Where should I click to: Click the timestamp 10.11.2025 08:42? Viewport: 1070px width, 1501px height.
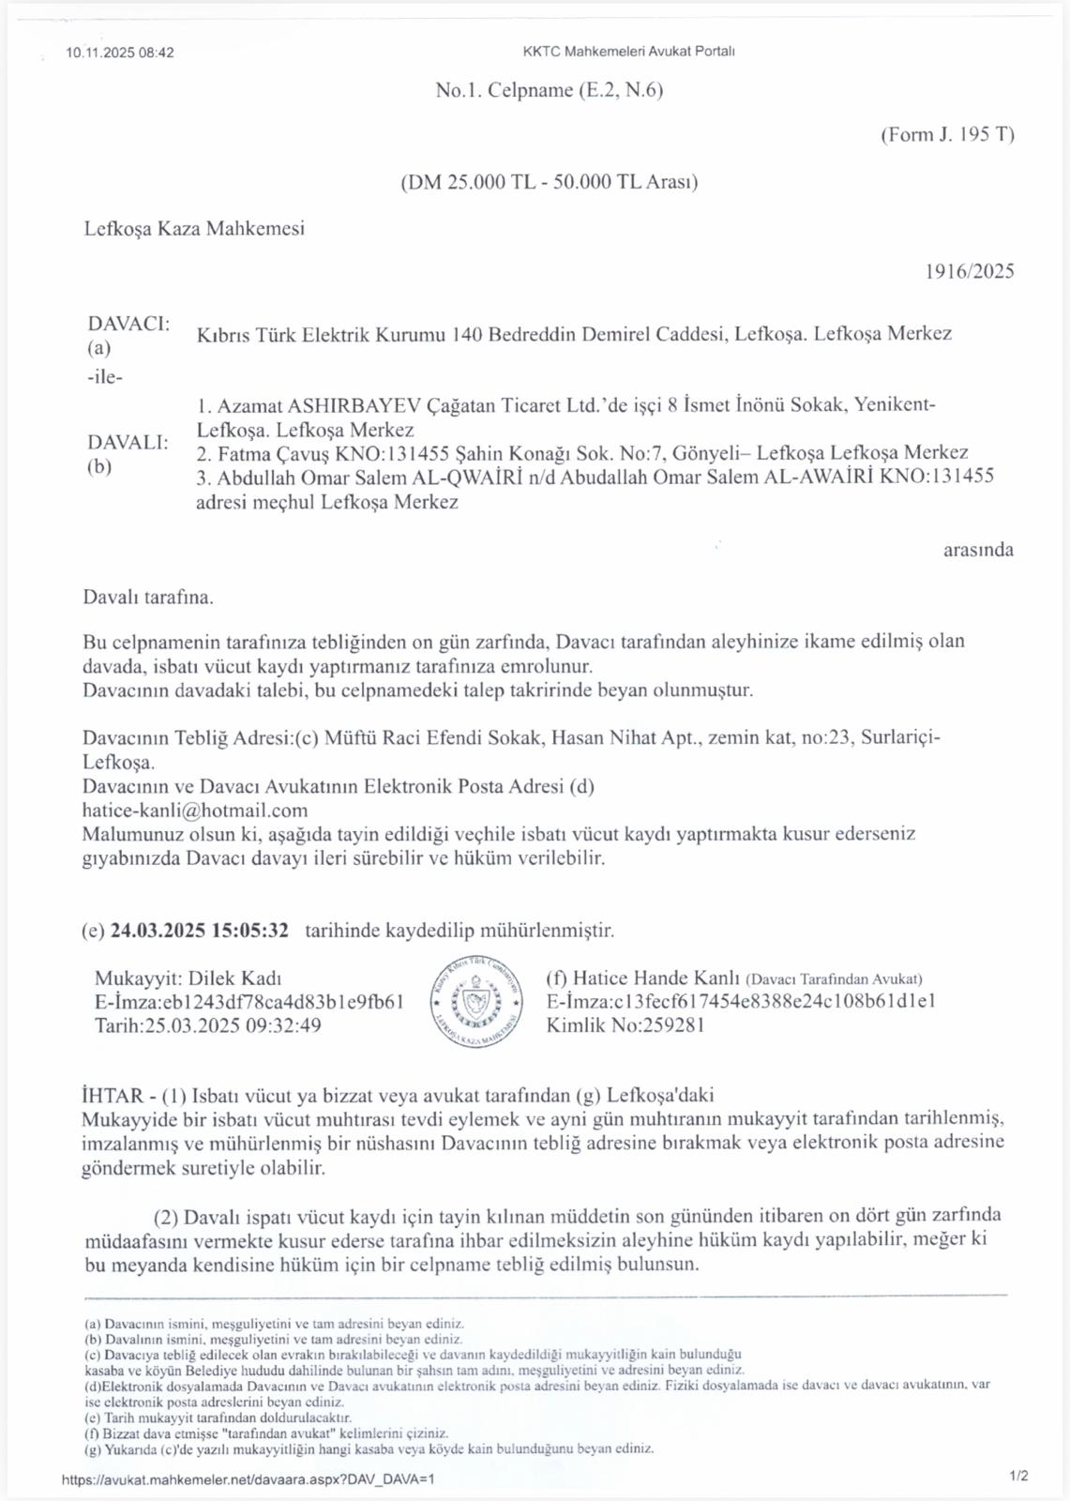tap(120, 53)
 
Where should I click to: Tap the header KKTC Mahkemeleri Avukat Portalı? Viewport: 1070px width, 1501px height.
tap(628, 52)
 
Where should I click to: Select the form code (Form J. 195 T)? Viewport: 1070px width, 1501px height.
tap(947, 134)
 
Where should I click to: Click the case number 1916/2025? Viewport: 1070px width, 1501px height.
tap(970, 271)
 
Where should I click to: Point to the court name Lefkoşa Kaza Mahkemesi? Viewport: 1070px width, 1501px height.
tap(194, 228)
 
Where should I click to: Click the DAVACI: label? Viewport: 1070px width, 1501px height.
tap(128, 324)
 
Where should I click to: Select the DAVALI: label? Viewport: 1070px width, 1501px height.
tap(128, 442)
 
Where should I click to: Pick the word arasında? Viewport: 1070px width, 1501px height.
tap(978, 550)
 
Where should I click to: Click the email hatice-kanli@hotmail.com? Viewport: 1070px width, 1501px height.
tap(195, 811)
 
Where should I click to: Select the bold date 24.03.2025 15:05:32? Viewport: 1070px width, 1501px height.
tap(199, 931)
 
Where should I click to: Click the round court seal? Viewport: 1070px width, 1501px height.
tap(475, 1001)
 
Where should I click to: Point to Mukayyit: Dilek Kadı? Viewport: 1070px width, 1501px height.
tap(188, 978)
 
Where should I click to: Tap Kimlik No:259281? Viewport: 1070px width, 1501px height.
tap(625, 1025)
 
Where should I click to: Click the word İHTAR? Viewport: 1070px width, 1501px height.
tap(113, 1095)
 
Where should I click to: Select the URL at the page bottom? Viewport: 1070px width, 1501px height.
tap(248, 1479)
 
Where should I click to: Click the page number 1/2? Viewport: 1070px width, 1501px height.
tap(1018, 1476)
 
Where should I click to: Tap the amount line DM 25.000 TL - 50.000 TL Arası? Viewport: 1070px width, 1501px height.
tap(549, 182)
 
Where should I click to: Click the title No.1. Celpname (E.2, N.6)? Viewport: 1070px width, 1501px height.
tap(549, 90)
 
